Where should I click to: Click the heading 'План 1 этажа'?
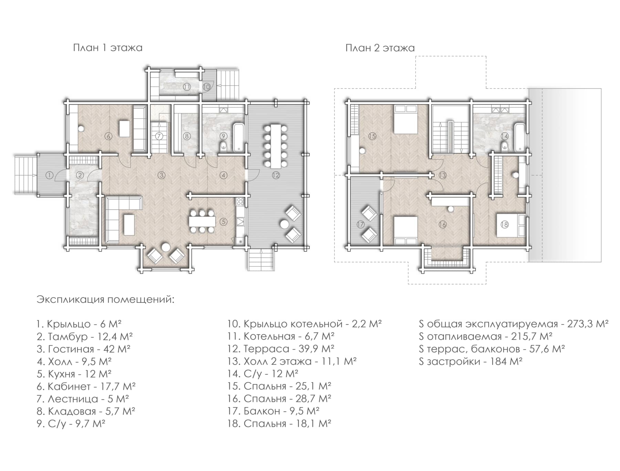point(108,47)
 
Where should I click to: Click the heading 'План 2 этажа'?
point(380,48)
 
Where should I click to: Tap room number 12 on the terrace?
point(276,175)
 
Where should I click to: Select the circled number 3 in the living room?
point(161,175)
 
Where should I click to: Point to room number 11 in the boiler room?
point(187,87)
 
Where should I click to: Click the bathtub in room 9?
point(239,138)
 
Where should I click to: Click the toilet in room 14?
point(504,146)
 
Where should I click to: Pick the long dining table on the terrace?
point(276,146)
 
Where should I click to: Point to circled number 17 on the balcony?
point(360,224)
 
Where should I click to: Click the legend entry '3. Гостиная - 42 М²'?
point(83,349)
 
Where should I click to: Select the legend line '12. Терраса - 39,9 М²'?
point(281,349)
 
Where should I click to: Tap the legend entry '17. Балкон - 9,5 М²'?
point(273,411)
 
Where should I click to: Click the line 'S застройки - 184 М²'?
point(471,361)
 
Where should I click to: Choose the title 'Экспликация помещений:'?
point(106,299)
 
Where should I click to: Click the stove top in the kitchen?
point(240,201)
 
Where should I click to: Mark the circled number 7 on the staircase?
point(159,136)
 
